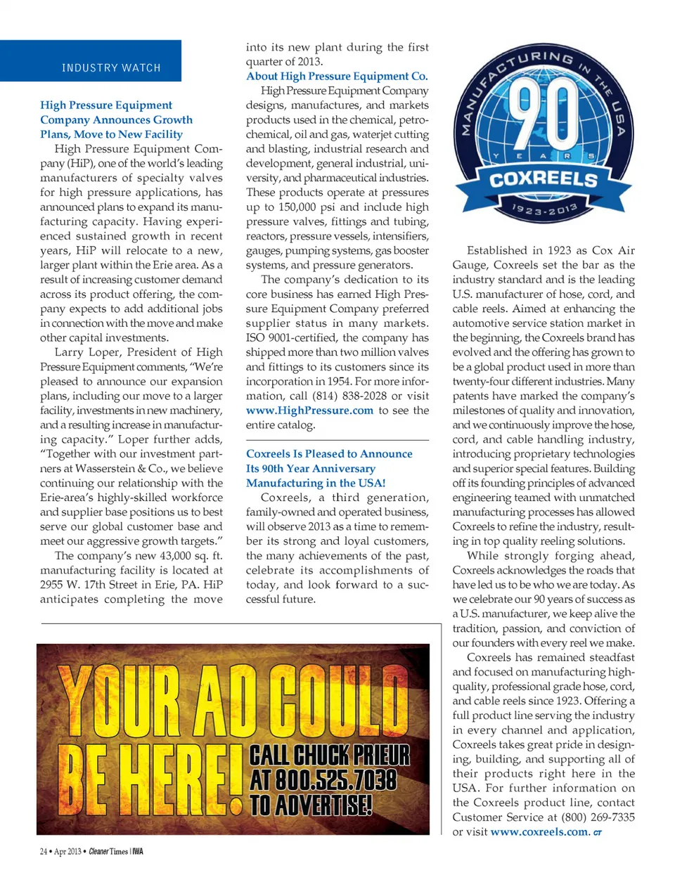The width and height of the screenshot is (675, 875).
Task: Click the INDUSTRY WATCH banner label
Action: coord(111,68)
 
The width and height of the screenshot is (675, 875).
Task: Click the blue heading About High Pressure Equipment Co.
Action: coord(337,76)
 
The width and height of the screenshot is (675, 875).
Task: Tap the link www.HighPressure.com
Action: coord(309,410)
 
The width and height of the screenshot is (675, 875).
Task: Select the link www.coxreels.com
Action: coord(539,832)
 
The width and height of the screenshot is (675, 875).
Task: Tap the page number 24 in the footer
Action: coord(44,852)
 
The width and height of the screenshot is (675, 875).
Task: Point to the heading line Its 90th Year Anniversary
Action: coord(310,468)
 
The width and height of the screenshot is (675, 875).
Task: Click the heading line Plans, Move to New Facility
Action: coord(111,134)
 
